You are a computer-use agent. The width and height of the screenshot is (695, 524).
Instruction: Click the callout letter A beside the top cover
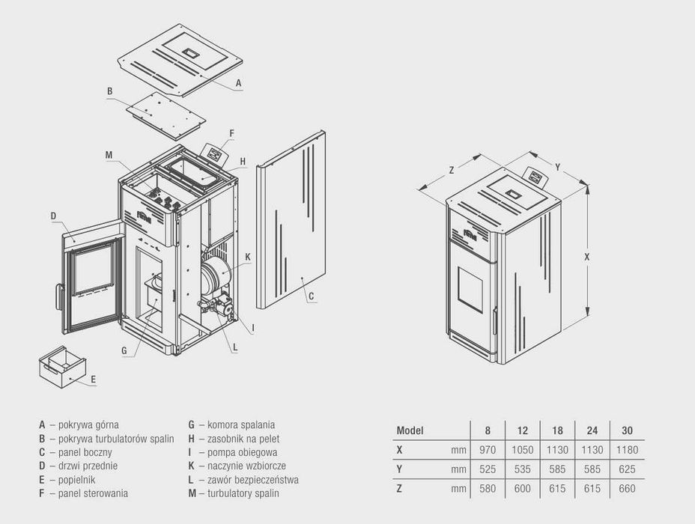(x=238, y=83)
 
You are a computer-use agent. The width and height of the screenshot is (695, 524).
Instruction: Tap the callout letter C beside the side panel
(x=310, y=296)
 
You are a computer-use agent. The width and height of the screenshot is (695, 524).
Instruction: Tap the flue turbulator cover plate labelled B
(x=165, y=116)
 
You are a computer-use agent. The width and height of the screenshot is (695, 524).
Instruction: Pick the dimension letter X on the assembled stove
(x=587, y=256)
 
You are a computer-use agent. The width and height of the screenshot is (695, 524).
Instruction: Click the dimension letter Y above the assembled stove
(x=558, y=166)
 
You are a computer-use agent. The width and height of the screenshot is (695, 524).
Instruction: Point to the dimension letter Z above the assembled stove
(x=452, y=171)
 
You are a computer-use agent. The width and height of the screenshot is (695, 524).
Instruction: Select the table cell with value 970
(x=488, y=450)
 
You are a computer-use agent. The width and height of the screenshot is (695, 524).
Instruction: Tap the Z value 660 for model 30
(x=627, y=489)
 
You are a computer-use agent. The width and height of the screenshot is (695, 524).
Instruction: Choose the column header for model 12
(x=522, y=430)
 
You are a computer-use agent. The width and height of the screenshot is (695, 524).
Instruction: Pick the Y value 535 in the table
(x=522, y=469)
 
